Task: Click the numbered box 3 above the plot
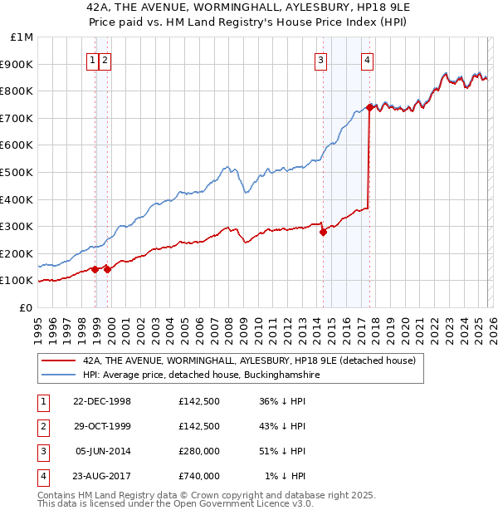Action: (x=320, y=59)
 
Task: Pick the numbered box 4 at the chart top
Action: (x=366, y=59)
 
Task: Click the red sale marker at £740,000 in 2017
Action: (x=369, y=107)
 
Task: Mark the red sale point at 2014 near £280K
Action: (x=323, y=232)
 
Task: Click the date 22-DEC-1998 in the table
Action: (x=102, y=402)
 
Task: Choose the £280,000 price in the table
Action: (x=198, y=451)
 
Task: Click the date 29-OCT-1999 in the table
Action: (x=102, y=426)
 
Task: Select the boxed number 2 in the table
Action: (x=41, y=427)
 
